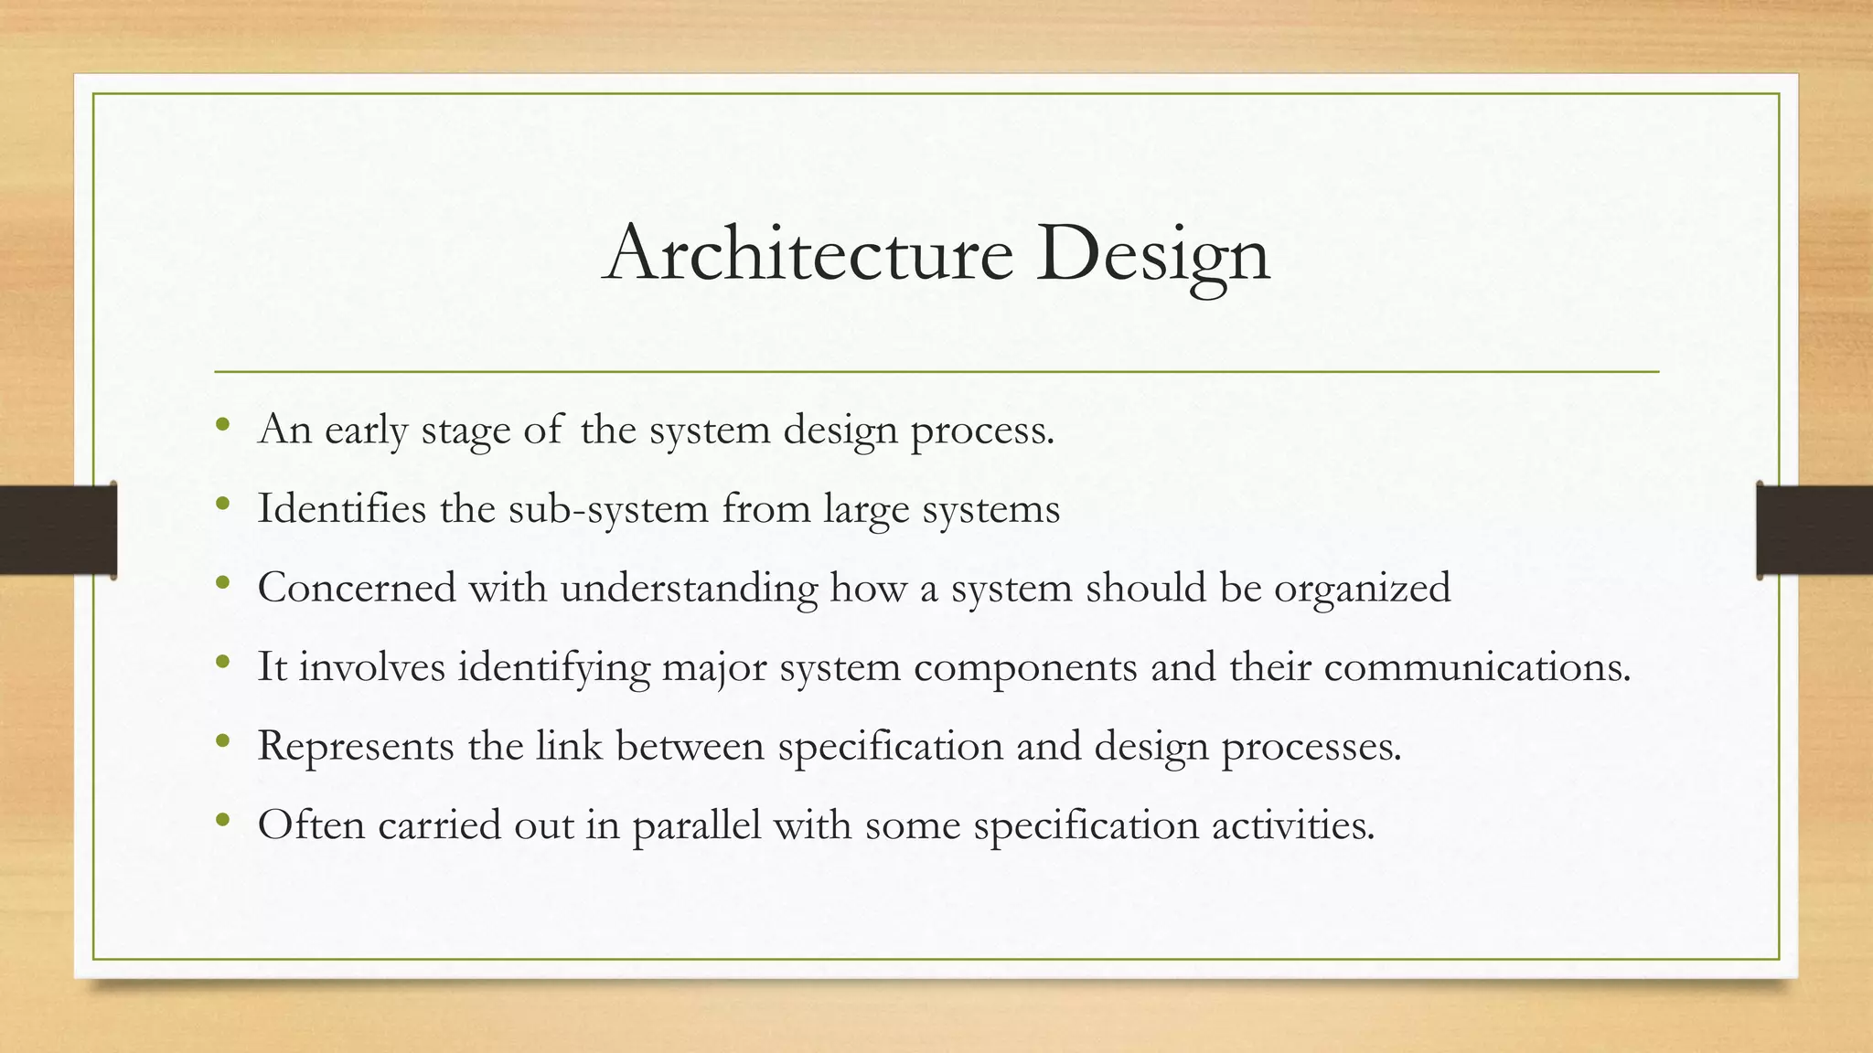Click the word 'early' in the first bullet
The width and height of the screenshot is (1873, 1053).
click(x=366, y=430)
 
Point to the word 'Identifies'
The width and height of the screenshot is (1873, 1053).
click(x=342, y=508)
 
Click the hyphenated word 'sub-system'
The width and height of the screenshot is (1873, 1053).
click(x=608, y=509)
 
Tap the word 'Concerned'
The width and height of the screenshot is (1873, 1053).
click(x=357, y=587)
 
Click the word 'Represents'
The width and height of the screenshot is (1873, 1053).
click(x=356, y=746)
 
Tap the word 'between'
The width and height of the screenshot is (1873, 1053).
click(x=690, y=746)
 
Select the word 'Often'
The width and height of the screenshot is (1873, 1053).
click(x=311, y=824)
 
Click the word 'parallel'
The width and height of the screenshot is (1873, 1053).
click(x=696, y=825)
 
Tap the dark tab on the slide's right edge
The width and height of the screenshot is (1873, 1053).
click(x=1814, y=530)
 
